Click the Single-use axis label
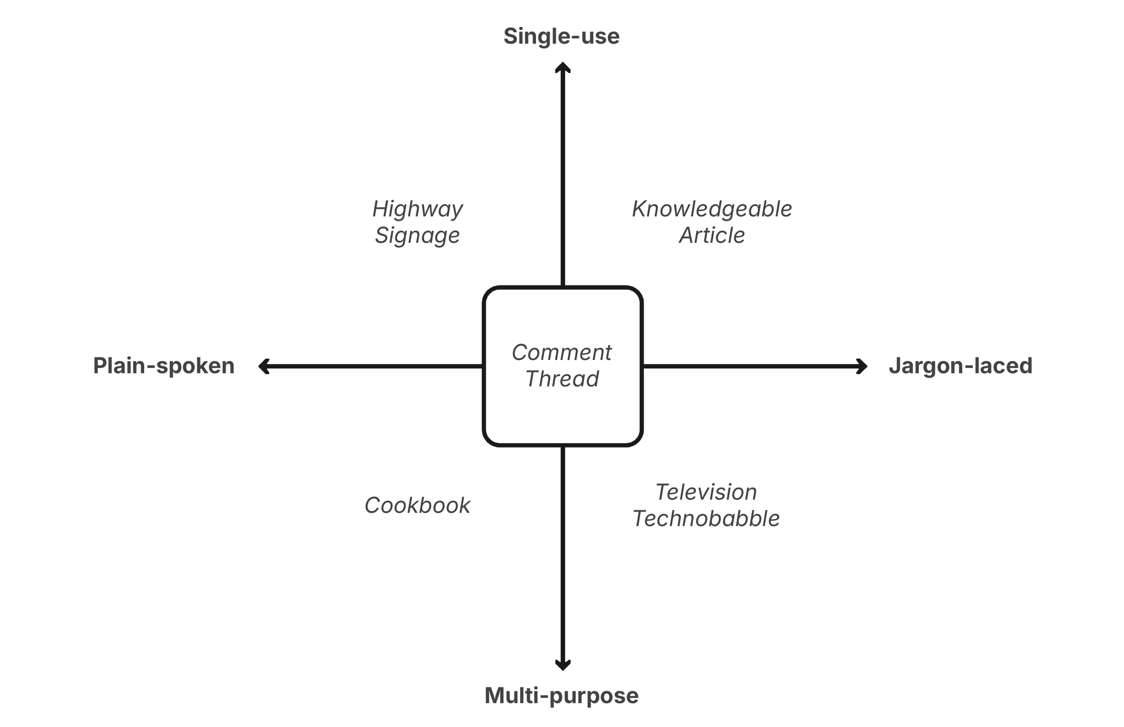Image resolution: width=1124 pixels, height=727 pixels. [561, 36]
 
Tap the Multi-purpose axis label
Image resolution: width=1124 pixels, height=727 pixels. [561, 696]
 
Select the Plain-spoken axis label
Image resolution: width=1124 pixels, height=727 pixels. [163, 366]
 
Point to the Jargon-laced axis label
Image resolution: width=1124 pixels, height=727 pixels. [960, 366]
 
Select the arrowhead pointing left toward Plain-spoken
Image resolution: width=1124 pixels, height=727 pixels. [263, 366]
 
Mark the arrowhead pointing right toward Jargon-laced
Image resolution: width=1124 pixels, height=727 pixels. [862, 366]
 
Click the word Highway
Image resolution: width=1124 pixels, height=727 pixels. [418, 209]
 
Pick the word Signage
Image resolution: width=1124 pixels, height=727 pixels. [418, 235]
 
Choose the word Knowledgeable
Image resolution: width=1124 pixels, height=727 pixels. [712, 209]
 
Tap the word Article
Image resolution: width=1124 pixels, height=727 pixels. [712, 235]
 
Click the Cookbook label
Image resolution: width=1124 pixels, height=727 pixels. [418, 505]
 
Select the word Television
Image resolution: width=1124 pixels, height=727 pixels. [706, 492]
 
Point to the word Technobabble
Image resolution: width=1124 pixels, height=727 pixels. [706, 519]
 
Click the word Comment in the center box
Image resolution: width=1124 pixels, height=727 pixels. [562, 353]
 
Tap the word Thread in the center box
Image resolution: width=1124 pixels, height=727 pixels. [562, 379]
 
